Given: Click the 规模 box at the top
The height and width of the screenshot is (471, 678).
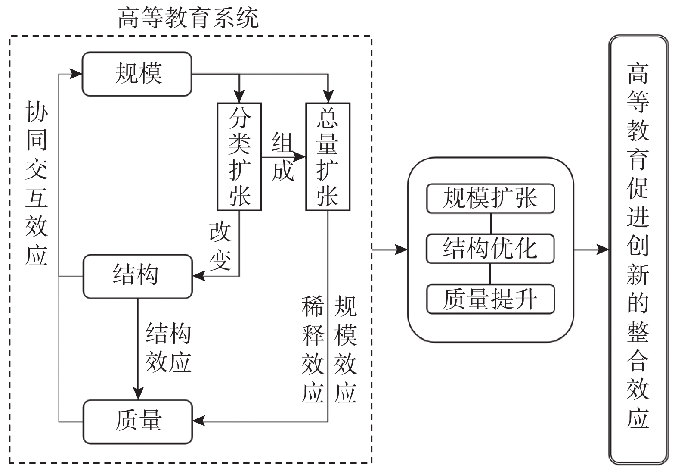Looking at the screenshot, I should tap(137, 74).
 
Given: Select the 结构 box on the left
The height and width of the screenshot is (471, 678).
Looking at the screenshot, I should tap(137, 276).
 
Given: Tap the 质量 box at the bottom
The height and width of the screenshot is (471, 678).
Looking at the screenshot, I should tap(137, 421).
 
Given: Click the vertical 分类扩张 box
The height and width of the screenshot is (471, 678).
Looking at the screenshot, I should tap(239, 156).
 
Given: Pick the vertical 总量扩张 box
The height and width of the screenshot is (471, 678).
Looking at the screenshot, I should tap(328, 156).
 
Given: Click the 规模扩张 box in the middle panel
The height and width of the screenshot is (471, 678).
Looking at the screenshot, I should tap(490, 199).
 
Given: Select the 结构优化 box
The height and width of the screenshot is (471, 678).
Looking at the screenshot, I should tap(490, 249).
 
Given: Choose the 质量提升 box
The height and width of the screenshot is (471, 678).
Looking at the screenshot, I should tap(490, 299).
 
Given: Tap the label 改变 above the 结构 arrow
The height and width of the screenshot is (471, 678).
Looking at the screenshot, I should tap(220, 246).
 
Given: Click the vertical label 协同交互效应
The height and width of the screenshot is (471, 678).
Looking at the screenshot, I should tap(37, 184).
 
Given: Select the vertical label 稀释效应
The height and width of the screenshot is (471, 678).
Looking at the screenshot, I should tap(313, 349).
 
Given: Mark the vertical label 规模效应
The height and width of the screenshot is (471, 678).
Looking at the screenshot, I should tap(346, 349).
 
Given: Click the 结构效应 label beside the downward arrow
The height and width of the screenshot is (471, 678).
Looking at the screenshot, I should tap(168, 347).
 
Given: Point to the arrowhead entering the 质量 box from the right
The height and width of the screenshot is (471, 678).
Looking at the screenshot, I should tap(198, 421).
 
